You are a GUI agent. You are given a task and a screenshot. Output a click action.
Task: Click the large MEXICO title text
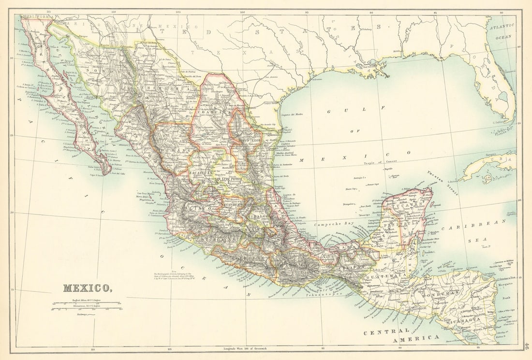coord(87,288)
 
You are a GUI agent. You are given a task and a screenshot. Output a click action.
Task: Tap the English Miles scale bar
coord(87,303)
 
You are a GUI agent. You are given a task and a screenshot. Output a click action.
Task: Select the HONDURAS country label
coord(440,293)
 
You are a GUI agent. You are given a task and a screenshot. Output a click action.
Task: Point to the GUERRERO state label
coord(251,259)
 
